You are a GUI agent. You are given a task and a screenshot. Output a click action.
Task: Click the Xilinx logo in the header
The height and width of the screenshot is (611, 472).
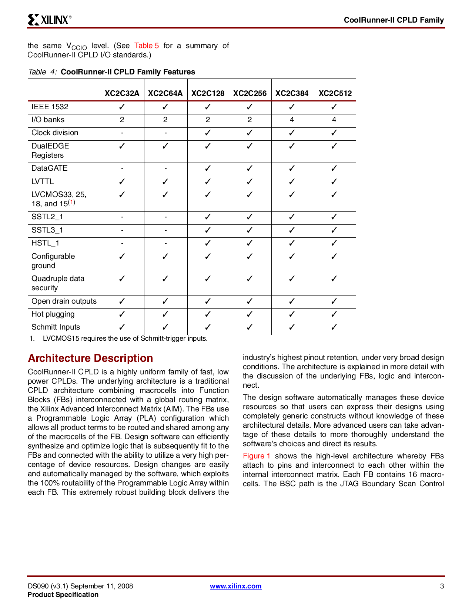click(x=49, y=20)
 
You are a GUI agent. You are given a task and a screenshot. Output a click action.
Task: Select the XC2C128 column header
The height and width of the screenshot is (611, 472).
click(x=208, y=93)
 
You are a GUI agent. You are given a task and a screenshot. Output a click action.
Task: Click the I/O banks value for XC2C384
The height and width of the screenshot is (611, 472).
click(x=292, y=120)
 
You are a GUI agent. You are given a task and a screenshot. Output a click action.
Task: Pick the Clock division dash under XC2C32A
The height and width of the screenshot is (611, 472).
click(x=122, y=133)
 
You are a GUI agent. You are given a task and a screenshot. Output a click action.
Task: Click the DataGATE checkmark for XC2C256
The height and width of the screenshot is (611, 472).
click(x=250, y=168)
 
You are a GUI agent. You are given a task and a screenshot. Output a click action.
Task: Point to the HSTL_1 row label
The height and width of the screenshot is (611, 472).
click(x=46, y=243)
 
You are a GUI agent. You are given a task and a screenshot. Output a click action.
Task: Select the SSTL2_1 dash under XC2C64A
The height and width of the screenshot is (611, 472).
click(x=165, y=217)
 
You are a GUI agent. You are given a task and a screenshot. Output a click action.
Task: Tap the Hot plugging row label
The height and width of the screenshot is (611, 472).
click(x=53, y=314)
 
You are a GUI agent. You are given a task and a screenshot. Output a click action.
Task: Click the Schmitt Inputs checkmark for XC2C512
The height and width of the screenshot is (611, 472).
click(x=334, y=327)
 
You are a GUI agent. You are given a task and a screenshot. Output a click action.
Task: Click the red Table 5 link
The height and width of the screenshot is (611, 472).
click(x=146, y=46)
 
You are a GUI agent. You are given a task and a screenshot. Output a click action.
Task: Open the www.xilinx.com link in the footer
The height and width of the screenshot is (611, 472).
click(x=235, y=586)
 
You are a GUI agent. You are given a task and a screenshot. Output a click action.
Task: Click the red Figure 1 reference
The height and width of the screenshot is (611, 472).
click(x=257, y=456)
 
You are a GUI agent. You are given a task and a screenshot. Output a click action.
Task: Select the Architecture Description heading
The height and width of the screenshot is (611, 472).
click(x=90, y=358)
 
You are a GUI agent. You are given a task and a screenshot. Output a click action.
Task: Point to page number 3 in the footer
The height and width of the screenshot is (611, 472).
click(x=442, y=586)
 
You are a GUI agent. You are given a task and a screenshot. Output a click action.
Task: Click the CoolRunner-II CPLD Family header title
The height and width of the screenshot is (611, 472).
click(x=394, y=20)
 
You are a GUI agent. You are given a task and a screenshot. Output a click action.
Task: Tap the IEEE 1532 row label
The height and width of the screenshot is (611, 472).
click(x=50, y=107)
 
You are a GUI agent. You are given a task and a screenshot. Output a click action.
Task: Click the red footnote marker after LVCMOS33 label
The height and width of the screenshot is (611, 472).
click(x=71, y=202)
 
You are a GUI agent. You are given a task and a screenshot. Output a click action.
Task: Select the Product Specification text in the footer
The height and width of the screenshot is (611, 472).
click(x=63, y=594)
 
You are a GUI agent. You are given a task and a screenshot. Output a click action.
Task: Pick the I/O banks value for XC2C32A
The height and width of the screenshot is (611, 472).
click(x=122, y=120)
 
